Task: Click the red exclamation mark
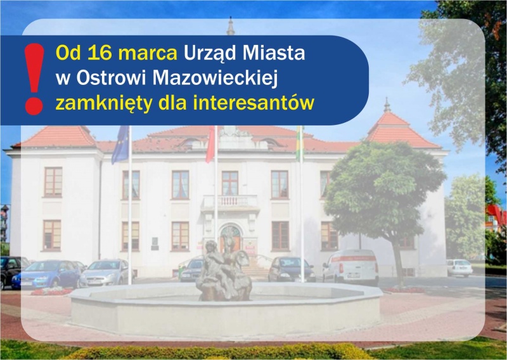(34, 79)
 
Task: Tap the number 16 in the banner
(99, 53)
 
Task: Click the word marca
(148, 53)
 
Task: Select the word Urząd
(210, 54)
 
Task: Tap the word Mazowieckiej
(215, 79)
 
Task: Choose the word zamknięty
(104, 104)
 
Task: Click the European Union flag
(120, 145)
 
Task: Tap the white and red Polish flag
(210, 145)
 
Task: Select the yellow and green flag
(300, 143)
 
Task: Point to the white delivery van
(351, 267)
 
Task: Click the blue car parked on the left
(47, 274)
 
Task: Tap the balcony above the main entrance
(230, 203)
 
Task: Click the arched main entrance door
(230, 239)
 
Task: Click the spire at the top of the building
(231, 26)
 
